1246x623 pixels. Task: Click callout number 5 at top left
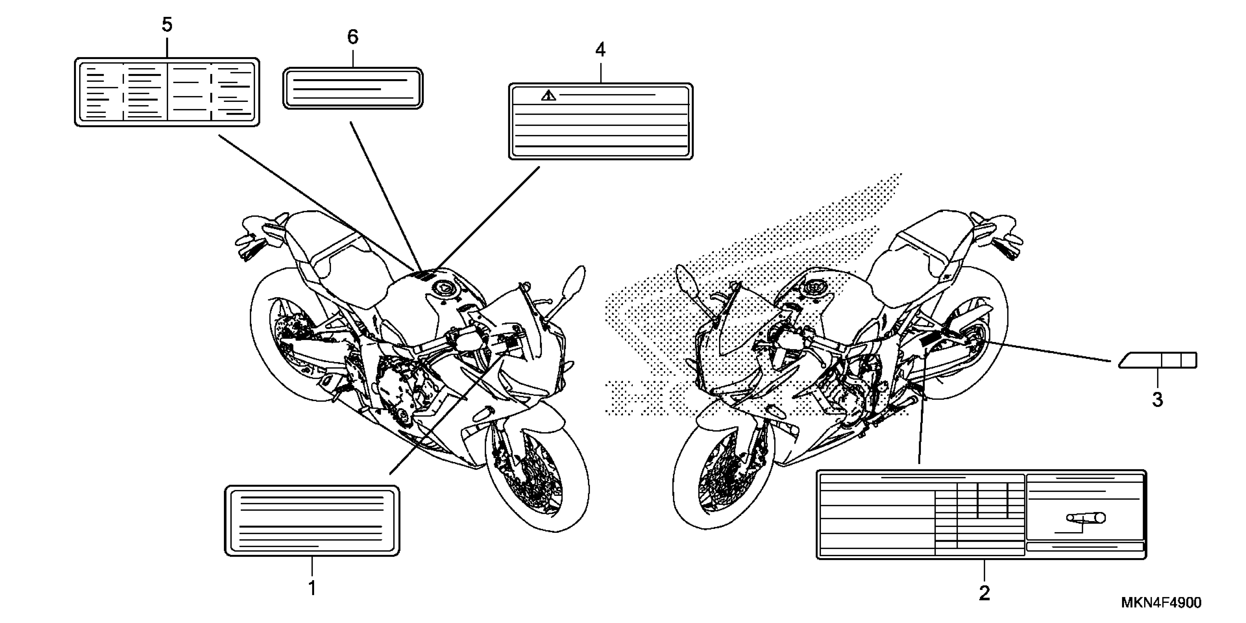click(x=167, y=25)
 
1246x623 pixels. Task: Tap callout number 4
click(x=600, y=49)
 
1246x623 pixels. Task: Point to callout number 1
click(x=313, y=588)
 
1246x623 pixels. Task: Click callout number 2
click(x=984, y=593)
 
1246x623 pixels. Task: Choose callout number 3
click(x=1157, y=399)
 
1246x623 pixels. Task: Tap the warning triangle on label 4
click(x=549, y=95)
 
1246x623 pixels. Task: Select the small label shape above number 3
click(x=1158, y=360)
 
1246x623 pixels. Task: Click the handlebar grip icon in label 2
click(x=1086, y=518)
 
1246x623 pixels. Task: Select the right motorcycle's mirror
click(x=686, y=281)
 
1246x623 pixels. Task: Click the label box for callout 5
click(x=167, y=92)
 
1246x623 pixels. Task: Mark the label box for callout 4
click(x=600, y=121)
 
